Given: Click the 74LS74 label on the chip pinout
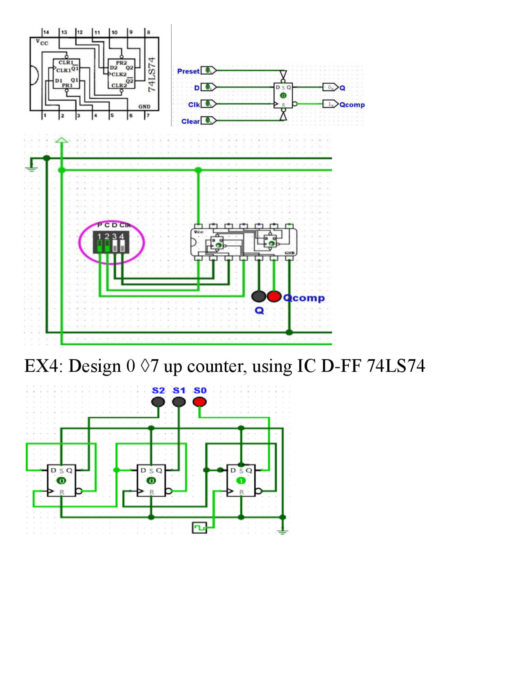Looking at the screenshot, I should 152,74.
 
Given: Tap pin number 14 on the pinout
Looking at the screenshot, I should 46,32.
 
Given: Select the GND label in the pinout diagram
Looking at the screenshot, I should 144,107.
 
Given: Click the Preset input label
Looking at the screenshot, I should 188,71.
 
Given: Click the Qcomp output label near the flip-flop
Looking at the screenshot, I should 352,105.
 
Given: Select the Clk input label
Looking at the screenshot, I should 194,105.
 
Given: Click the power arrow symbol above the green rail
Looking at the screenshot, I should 62,141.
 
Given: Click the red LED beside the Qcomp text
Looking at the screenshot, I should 274,296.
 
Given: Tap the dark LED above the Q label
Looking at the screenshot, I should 259,296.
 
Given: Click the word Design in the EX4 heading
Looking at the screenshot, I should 95,366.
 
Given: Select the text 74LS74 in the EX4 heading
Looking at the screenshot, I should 396,366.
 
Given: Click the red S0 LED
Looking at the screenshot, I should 199,402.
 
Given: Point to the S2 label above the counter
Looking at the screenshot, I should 158,390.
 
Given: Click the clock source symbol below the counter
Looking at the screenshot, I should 199,528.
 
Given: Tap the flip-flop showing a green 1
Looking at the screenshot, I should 241,480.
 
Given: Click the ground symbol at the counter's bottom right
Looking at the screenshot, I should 282,531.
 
